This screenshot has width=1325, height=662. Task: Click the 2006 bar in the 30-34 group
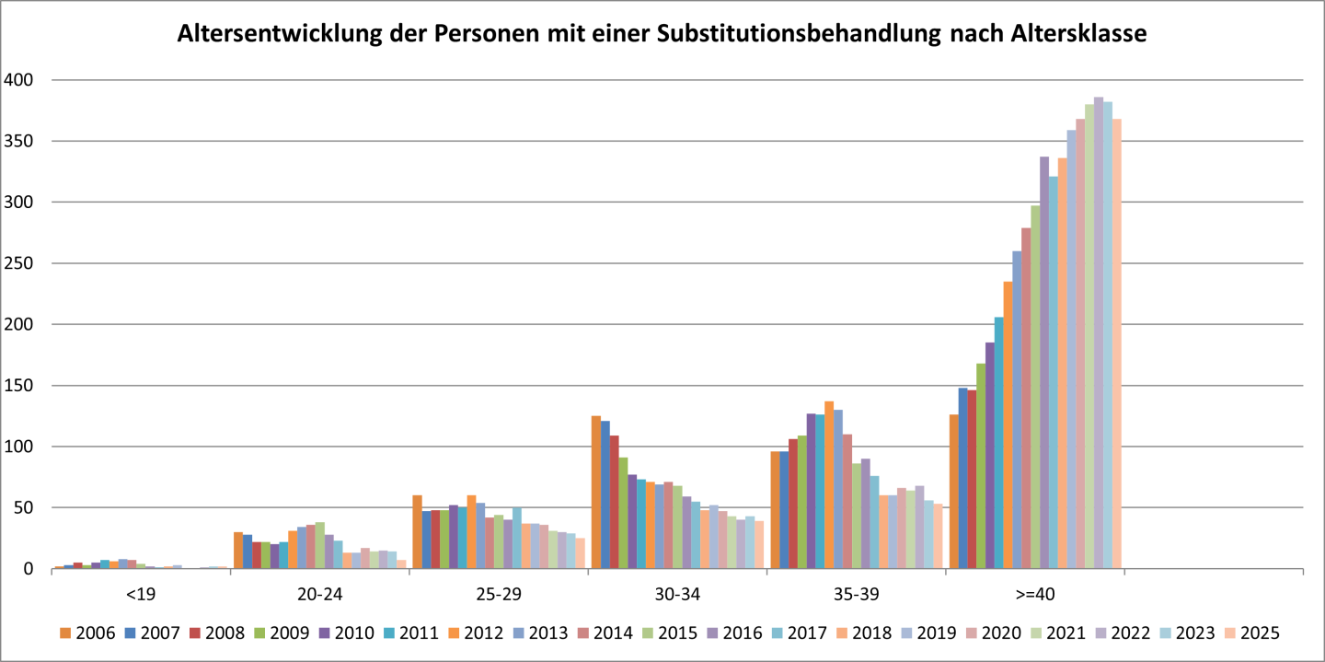pos(596,493)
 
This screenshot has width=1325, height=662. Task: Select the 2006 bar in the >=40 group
pos(954,492)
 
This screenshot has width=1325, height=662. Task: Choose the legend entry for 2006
pos(88,633)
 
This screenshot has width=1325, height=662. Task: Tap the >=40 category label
pos(1035,594)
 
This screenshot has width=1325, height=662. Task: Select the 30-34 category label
pos(677,594)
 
